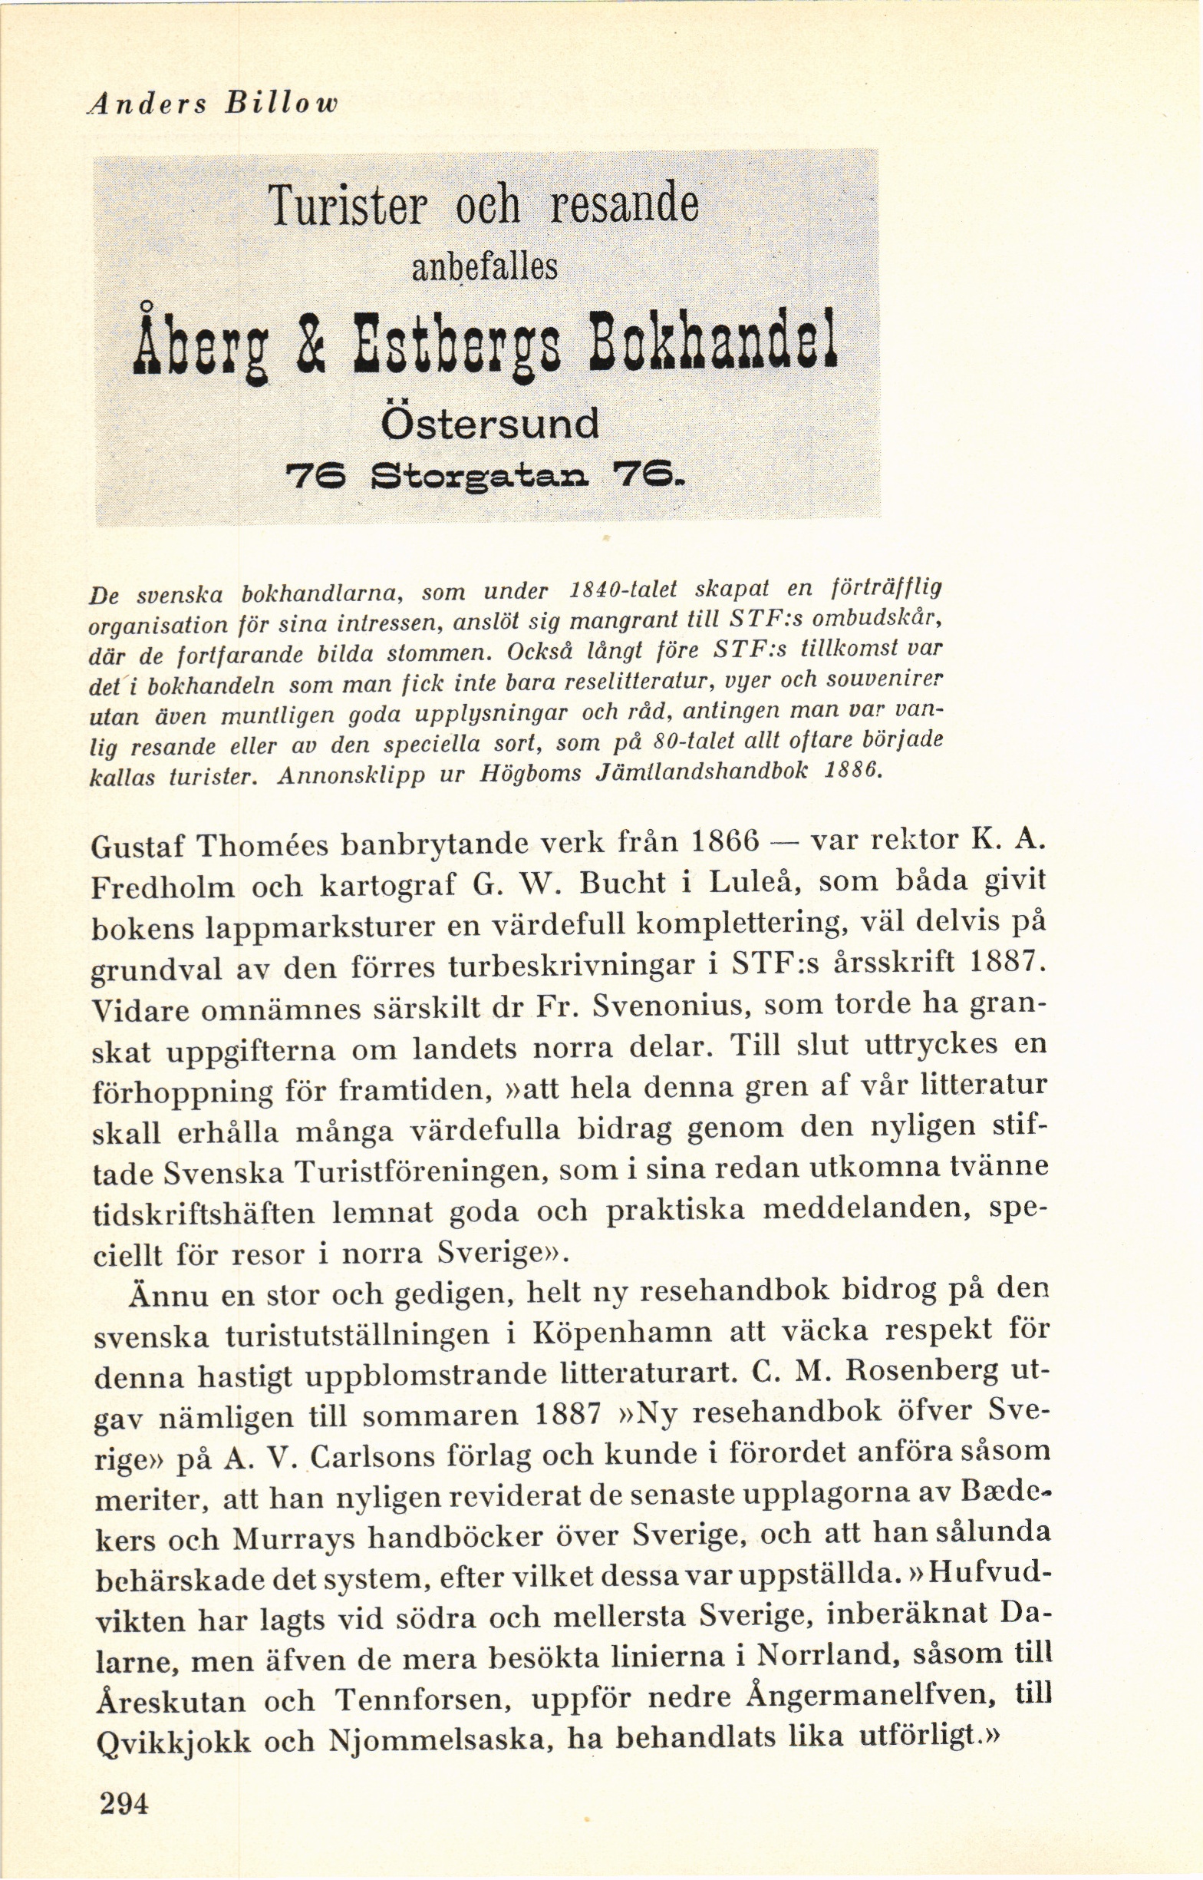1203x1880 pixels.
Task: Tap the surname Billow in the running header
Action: point(282,104)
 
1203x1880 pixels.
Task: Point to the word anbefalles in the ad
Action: point(484,267)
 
